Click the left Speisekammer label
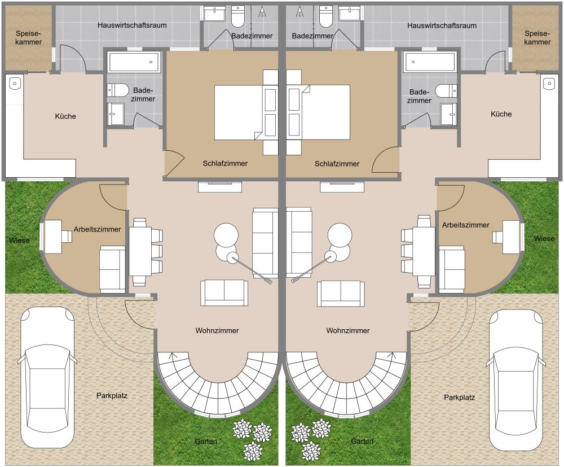(x=28, y=38)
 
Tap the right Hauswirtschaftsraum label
(x=442, y=25)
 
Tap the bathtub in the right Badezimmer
(x=430, y=62)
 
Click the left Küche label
(x=65, y=116)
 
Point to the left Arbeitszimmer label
(x=97, y=229)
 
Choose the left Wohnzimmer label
(x=217, y=330)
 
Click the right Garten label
(x=362, y=441)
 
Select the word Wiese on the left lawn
(x=19, y=240)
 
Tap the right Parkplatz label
(x=459, y=398)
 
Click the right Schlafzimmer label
(x=337, y=164)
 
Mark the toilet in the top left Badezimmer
(x=238, y=16)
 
